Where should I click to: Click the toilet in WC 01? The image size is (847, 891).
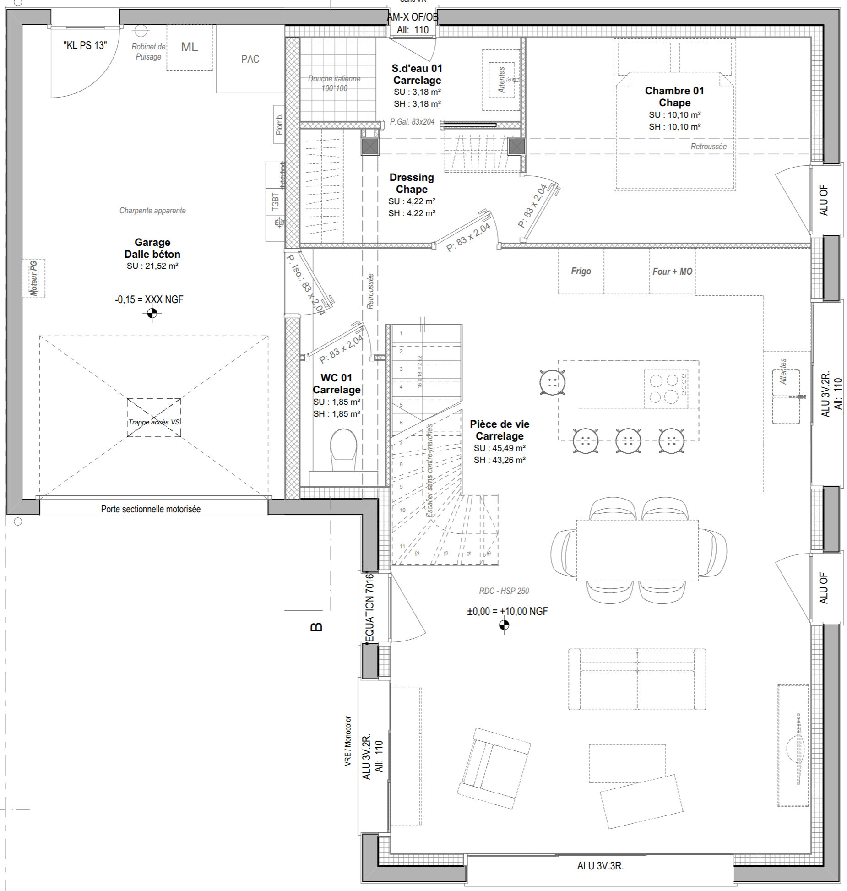click(x=343, y=449)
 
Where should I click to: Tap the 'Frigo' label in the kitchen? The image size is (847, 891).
click(x=581, y=271)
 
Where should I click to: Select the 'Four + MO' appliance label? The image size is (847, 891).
click(x=672, y=272)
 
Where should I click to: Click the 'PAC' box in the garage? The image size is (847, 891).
click(x=250, y=59)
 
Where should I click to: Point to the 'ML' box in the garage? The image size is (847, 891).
click(x=190, y=47)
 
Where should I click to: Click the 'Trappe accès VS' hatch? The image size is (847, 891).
click(x=154, y=417)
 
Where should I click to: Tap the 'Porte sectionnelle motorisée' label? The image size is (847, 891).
click(x=151, y=509)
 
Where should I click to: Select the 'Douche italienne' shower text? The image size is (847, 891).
click(x=334, y=83)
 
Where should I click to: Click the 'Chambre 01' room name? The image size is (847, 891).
click(x=674, y=91)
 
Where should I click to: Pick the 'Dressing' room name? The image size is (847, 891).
click(x=412, y=177)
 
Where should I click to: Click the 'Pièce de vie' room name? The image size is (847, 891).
click(x=500, y=424)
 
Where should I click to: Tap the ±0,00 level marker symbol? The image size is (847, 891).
click(x=504, y=625)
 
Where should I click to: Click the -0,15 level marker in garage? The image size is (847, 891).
click(x=152, y=313)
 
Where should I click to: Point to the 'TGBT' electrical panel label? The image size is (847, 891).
click(x=275, y=202)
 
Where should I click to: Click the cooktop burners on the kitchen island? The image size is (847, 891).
click(x=665, y=388)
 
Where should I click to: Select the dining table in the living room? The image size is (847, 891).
click(x=637, y=550)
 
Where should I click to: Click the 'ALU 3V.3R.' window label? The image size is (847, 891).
click(x=600, y=866)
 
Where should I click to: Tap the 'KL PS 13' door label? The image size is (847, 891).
click(x=85, y=45)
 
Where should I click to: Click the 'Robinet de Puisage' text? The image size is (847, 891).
click(x=148, y=51)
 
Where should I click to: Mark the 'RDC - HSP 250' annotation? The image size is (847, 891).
click(x=504, y=591)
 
